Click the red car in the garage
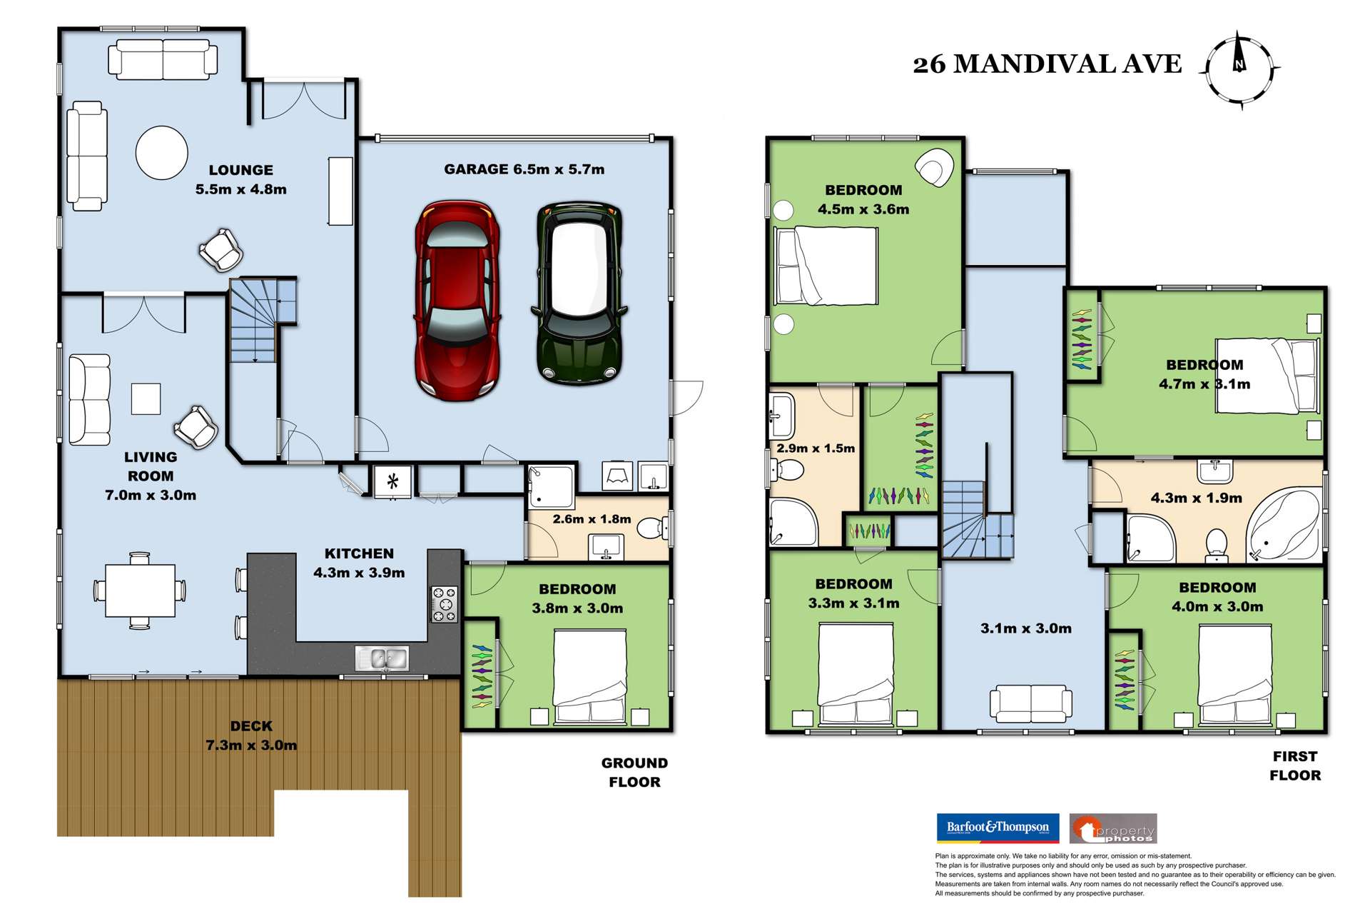[457, 300]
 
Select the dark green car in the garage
[579, 293]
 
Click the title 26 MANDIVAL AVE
[1047, 64]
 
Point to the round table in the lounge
[162, 152]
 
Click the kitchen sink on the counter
[382, 658]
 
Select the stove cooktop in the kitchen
[444, 604]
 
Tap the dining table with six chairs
[141, 591]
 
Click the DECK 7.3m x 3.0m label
[251, 735]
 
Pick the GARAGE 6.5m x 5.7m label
[524, 169]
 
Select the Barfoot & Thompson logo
[997, 828]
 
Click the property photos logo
[1113, 829]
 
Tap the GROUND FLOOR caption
[634, 772]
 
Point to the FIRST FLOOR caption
[1294, 765]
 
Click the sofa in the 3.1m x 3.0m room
[1030, 703]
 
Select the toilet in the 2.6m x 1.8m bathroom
[651, 528]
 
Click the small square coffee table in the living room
[146, 398]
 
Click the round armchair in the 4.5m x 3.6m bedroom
[934, 168]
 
